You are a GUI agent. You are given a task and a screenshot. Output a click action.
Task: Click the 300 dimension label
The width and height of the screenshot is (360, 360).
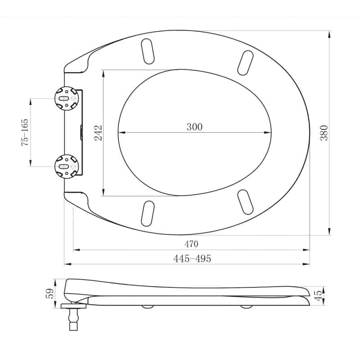tap(194, 127)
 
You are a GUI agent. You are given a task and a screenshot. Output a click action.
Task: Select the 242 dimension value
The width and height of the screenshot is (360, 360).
tap(98, 133)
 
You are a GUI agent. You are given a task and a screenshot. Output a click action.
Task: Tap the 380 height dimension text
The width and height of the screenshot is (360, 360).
tap(324, 133)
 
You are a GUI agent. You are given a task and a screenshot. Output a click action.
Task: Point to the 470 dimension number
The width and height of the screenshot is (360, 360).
tap(191, 244)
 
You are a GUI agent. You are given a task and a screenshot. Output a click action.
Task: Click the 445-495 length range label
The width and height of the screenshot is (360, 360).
tap(192, 258)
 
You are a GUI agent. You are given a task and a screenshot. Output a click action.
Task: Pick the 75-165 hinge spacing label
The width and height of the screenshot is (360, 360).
tap(25, 132)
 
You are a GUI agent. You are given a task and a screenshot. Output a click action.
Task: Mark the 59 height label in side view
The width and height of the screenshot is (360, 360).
tap(50, 293)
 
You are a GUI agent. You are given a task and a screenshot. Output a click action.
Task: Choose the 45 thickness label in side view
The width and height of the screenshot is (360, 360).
tap(319, 296)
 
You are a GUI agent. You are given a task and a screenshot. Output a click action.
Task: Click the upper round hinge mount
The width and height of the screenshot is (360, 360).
tap(67, 98)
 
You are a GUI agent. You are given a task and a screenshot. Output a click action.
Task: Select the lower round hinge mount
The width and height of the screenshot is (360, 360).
tap(67, 166)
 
